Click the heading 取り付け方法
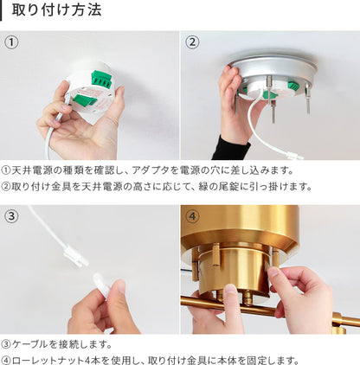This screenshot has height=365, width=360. [x=56, y=10]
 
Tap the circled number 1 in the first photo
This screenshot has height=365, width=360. [x=11, y=42]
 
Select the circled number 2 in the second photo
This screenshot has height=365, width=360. [x=192, y=42]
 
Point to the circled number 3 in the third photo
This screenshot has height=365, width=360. [x=11, y=215]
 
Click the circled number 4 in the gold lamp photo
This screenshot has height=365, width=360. [x=192, y=215]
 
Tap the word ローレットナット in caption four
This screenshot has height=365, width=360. [x=48, y=361]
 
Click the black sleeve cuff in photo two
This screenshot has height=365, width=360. [x=232, y=148]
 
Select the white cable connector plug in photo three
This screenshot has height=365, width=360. [x=75, y=256]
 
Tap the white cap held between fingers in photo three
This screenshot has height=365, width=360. [x=101, y=285]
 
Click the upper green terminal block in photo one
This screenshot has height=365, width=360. [x=101, y=80]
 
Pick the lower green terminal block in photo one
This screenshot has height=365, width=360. [x=85, y=99]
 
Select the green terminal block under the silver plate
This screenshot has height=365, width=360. [x=294, y=86]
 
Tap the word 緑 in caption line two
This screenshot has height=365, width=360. [x=203, y=186]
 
